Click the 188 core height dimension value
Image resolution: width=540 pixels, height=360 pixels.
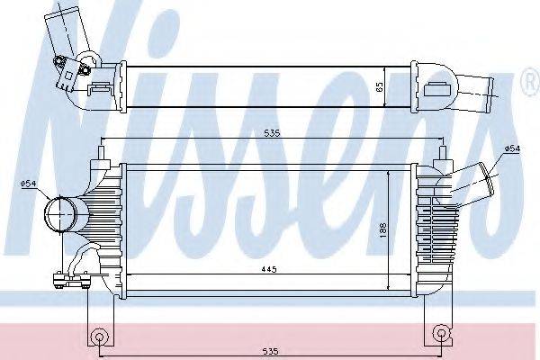[x=383, y=230]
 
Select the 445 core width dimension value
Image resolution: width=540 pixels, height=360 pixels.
[x=269, y=269]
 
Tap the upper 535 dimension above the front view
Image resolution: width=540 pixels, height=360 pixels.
[x=272, y=133]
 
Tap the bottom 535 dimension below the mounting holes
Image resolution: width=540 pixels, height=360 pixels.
[x=272, y=352]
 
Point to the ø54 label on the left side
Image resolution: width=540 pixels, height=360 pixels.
[x=28, y=184]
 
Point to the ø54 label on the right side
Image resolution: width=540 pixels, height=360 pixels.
[x=513, y=148]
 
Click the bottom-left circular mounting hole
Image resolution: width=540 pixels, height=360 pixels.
[x=99, y=337]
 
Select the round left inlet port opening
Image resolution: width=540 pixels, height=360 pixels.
[x=60, y=213]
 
